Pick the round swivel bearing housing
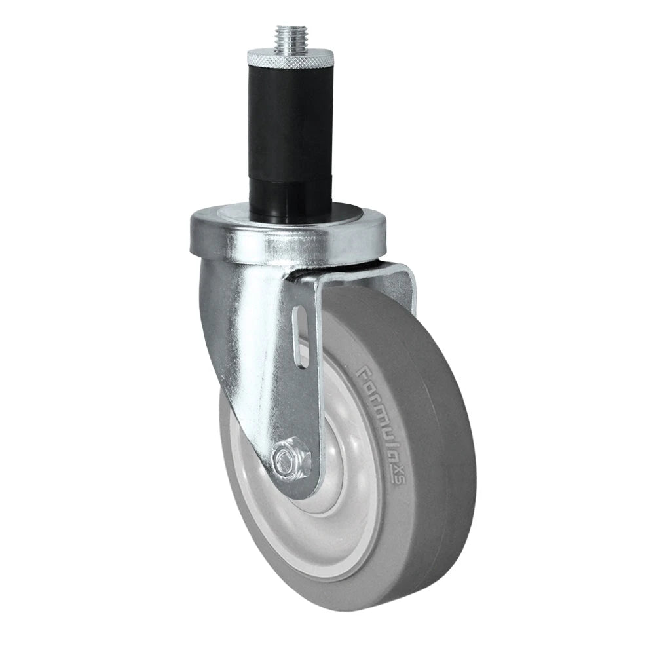(x=288, y=246)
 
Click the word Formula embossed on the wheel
(x=379, y=419)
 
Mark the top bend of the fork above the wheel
(x=354, y=272)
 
